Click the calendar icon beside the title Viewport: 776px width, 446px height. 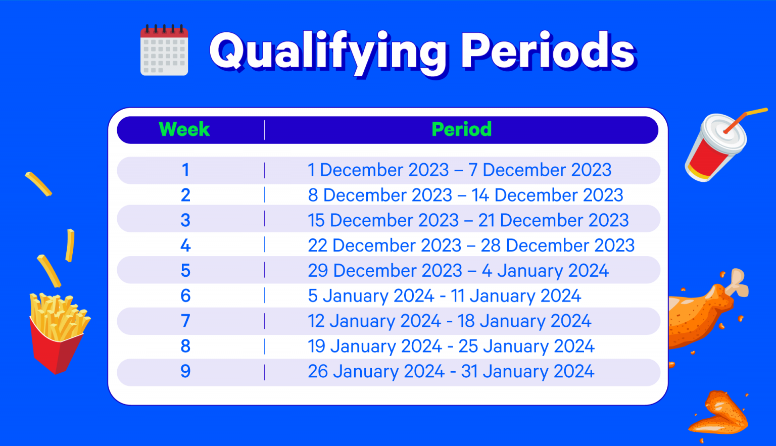(x=164, y=50)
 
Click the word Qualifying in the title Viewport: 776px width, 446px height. (x=328, y=53)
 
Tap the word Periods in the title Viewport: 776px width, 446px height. (x=548, y=51)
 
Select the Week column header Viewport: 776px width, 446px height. (x=184, y=129)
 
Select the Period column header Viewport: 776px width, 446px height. (x=461, y=129)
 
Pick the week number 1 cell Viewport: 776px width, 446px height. (x=186, y=170)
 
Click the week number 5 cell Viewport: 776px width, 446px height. (x=186, y=270)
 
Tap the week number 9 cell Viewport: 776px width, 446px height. (x=186, y=371)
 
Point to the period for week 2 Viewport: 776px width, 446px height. (x=466, y=195)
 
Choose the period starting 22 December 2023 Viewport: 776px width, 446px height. (x=471, y=245)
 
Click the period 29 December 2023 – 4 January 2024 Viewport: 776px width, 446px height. (x=458, y=270)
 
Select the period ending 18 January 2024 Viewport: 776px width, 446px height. (x=449, y=321)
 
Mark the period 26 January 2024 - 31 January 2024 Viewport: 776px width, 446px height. (x=451, y=371)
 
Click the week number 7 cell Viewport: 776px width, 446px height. (x=186, y=321)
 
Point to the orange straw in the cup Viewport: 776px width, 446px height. (x=745, y=121)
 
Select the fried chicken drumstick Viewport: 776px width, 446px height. (x=707, y=308)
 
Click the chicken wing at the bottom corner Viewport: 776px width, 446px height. (x=719, y=414)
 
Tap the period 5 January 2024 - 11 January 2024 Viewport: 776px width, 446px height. (x=445, y=295)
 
